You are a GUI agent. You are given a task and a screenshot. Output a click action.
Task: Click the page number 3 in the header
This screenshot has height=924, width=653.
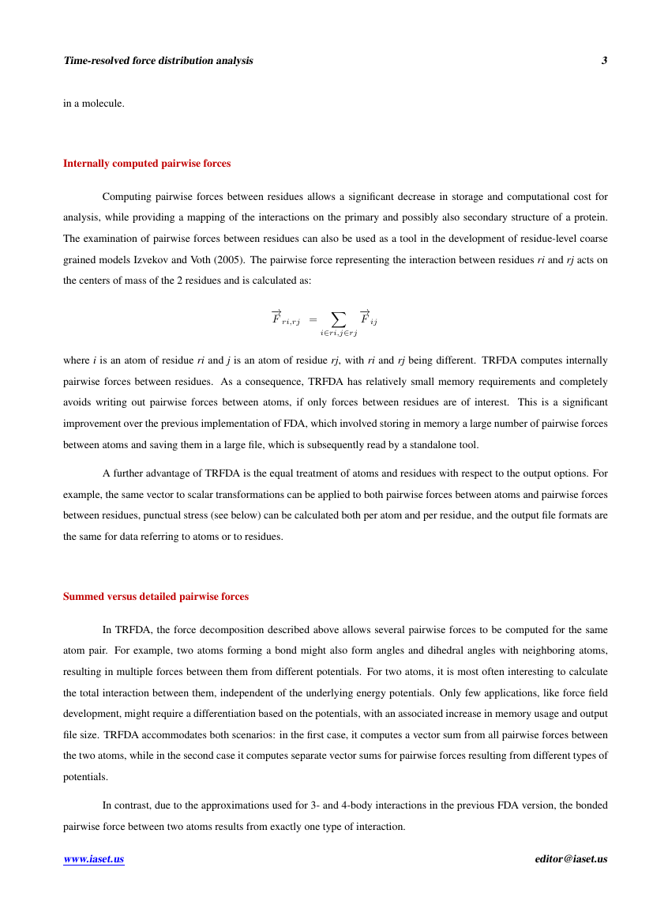604,61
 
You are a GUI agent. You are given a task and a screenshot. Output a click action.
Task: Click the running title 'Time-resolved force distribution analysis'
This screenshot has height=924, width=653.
158,61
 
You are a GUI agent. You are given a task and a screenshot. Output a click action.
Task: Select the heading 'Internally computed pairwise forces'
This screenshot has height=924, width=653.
147,164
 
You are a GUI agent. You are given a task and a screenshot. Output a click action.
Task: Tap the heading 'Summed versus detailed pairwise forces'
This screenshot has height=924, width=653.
156,597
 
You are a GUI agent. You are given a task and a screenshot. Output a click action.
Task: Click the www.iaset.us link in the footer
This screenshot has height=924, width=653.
94,859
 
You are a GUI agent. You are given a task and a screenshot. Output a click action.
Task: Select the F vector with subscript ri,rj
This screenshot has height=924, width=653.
285,318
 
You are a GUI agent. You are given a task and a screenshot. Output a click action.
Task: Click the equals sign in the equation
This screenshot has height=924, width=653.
313,319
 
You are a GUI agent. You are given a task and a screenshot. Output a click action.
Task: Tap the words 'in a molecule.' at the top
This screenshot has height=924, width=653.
94,103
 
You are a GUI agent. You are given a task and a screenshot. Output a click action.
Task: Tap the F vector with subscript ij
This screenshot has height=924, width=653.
368,318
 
